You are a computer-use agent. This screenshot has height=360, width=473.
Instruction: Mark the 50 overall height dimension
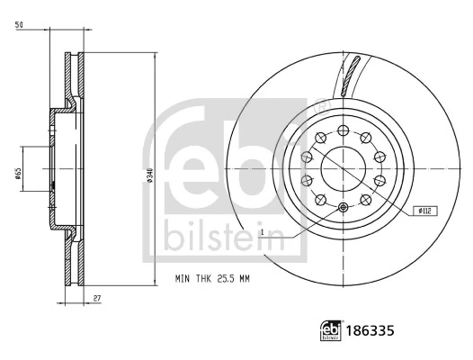[x=18, y=26]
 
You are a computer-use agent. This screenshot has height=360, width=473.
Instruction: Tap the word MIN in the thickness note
[x=182, y=280]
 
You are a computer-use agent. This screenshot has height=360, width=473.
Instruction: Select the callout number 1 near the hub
[x=262, y=233]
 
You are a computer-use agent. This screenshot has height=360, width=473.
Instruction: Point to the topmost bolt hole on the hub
[x=346, y=128]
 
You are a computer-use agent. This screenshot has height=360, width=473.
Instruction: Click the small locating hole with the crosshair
[x=345, y=207]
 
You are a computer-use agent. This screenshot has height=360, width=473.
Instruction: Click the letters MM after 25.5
[x=245, y=280]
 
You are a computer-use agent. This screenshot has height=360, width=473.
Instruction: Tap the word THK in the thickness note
[x=201, y=280]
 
